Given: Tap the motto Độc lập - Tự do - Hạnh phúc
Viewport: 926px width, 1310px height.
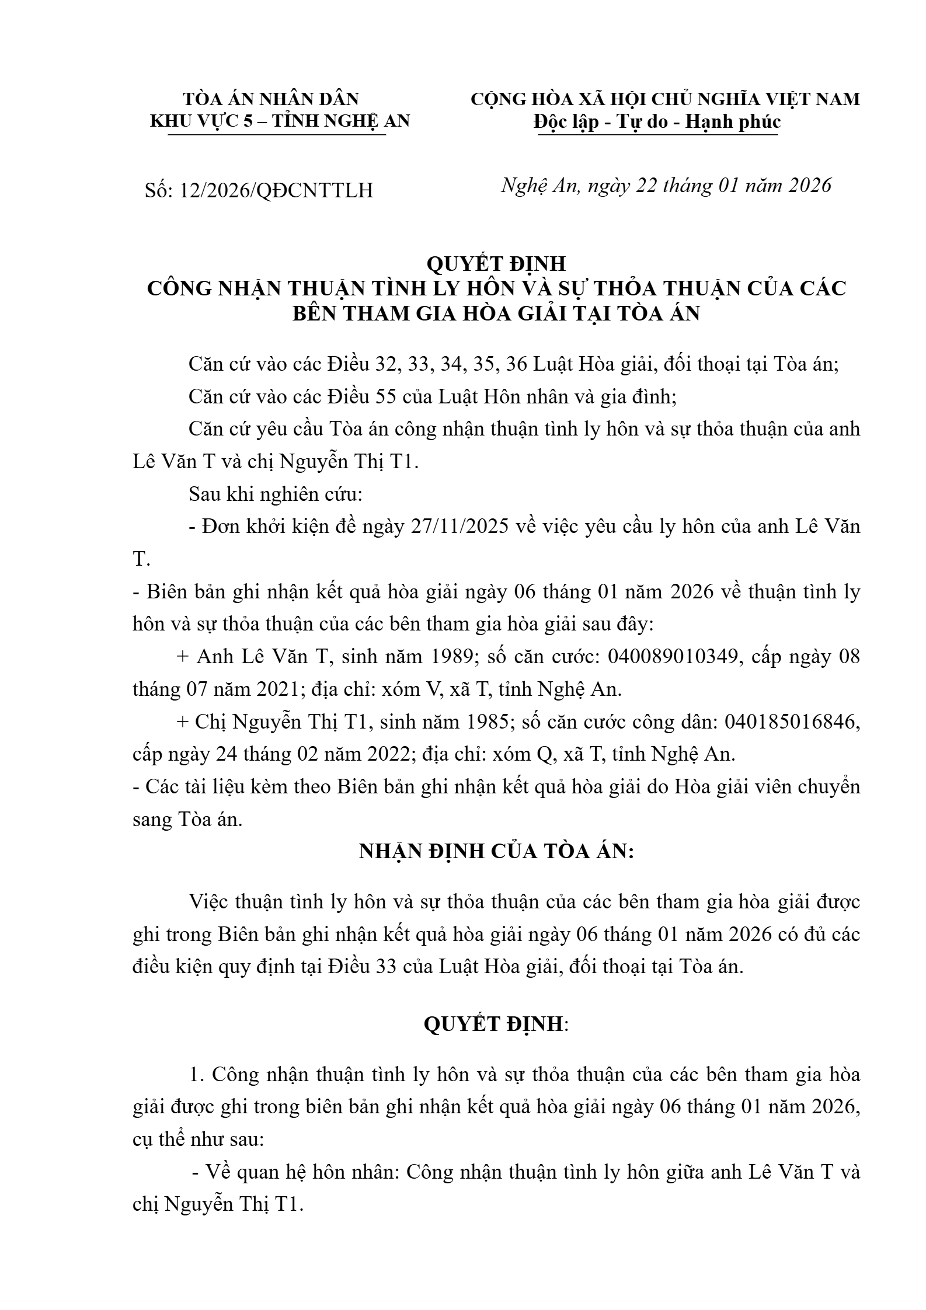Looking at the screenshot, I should point(657,122).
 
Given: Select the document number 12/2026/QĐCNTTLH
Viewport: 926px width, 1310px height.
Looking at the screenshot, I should point(277,190).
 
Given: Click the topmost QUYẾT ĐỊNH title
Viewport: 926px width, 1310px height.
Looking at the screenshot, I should point(496,263).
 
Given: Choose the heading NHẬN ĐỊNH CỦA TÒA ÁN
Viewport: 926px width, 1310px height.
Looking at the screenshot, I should point(496,851).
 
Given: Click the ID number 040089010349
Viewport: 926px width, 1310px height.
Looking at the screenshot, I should point(674,657).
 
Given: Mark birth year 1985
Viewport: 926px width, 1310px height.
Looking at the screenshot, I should point(482,722).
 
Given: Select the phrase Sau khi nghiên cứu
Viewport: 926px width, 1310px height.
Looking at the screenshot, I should point(275,494).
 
